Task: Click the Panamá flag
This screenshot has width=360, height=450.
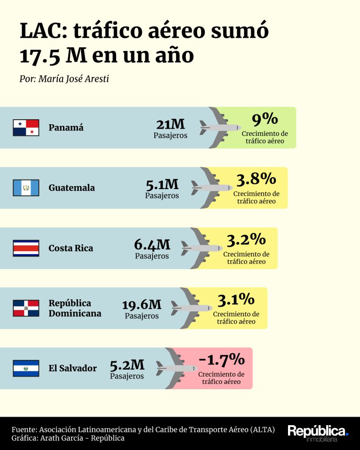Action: pos(26,127)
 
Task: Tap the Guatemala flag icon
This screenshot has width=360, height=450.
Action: pos(26,188)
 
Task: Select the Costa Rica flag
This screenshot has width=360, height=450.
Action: pos(26,248)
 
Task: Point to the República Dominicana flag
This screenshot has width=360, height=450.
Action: pos(26,308)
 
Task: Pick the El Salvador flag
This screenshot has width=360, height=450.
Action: pos(26,368)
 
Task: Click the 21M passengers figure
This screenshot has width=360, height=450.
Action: pos(171,124)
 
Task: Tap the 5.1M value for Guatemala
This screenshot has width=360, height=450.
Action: pos(162,184)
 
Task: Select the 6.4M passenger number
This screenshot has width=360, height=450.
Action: pos(152,245)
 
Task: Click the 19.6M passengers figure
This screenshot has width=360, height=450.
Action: pos(142,305)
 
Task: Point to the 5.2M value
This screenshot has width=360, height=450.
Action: pos(127,365)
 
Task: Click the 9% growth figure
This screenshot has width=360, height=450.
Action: pos(265,119)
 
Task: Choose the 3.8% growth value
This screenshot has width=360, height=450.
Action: pos(256,179)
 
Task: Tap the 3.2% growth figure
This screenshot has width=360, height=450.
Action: pos(246,240)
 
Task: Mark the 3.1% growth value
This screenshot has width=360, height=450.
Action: pos(236,300)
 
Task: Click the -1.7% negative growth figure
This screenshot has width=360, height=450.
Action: pos(221,360)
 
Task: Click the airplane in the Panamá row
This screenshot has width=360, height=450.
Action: pos(220,127)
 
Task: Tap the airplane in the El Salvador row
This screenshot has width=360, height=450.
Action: pos(176,368)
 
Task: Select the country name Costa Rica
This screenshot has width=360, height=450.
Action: pos(71,248)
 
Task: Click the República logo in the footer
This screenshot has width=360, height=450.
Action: pos(318,433)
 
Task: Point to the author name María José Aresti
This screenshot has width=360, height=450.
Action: pos(73,79)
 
